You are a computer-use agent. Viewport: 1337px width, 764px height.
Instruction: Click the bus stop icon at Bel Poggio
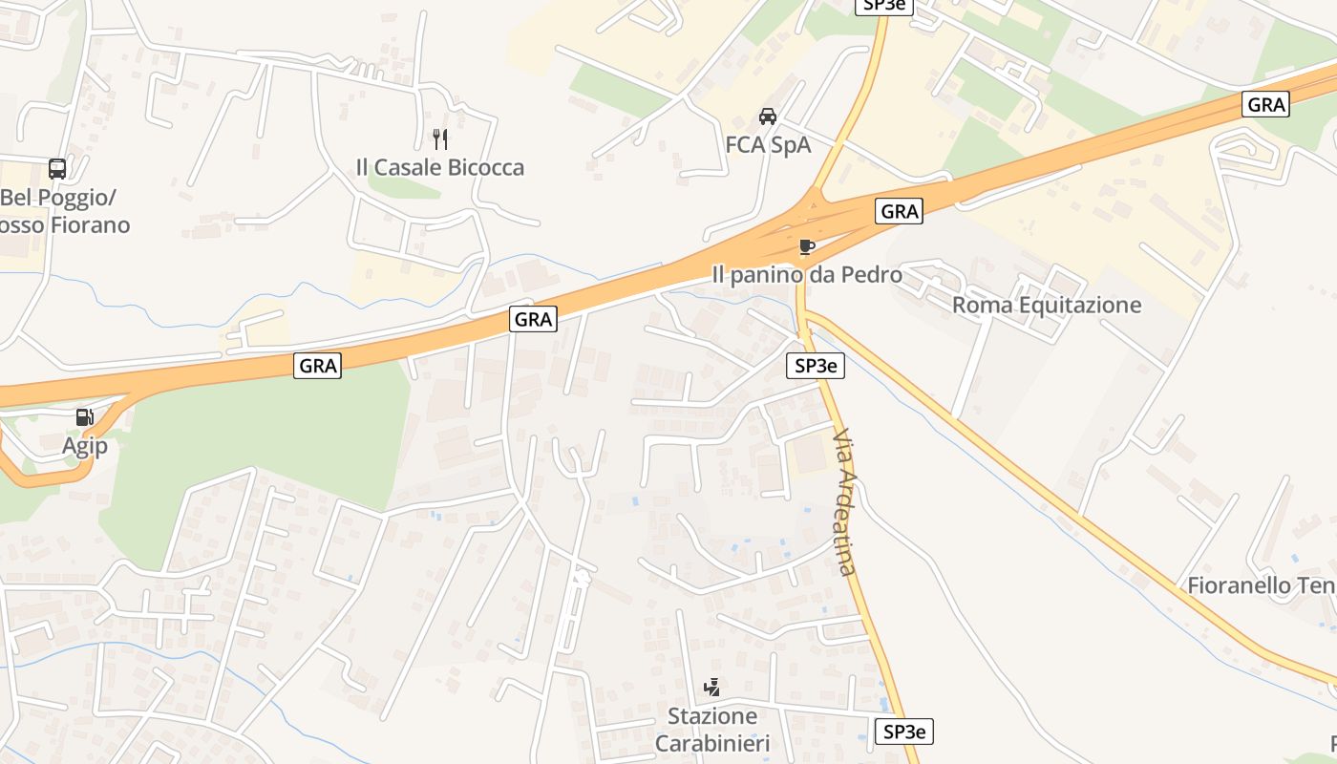pyautogui.click(x=57, y=169)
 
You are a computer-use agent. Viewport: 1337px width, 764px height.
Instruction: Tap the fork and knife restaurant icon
pyautogui.click(x=440, y=139)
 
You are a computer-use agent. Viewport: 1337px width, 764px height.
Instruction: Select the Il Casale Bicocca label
pyautogui.click(x=440, y=167)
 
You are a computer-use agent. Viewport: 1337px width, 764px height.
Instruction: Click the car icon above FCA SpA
pyautogui.click(x=767, y=117)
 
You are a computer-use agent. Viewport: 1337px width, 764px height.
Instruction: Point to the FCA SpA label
pyautogui.click(x=768, y=144)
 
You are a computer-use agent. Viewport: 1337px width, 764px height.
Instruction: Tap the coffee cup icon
pyautogui.click(x=807, y=247)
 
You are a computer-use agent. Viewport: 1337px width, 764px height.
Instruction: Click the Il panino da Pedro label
pyautogui.click(x=807, y=275)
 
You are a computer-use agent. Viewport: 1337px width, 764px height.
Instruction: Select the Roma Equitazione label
pyautogui.click(x=1047, y=305)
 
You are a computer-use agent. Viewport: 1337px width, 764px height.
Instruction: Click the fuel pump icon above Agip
pyautogui.click(x=85, y=417)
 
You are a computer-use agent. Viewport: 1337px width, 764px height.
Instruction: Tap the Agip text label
pyautogui.click(x=85, y=446)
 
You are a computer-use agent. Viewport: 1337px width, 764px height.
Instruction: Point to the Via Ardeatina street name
pyautogui.click(x=844, y=501)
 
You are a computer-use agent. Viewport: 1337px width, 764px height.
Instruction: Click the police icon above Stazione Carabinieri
pyautogui.click(x=711, y=687)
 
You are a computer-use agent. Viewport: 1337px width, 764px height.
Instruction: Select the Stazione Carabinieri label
pyautogui.click(x=712, y=730)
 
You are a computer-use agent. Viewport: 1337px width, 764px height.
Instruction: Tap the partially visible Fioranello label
pyautogui.click(x=1261, y=585)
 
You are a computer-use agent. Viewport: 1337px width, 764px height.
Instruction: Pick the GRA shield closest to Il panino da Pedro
pyautogui.click(x=899, y=211)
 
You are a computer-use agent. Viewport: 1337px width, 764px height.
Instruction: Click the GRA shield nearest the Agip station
pyautogui.click(x=317, y=365)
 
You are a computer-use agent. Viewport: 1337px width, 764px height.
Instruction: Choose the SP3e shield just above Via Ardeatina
pyautogui.click(x=816, y=365)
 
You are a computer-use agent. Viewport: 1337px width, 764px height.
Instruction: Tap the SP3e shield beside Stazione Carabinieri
pyautogui.click(x=903, y=732)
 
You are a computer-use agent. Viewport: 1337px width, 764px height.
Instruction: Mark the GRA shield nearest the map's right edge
pyautogui.click(x=1266, y=104)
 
